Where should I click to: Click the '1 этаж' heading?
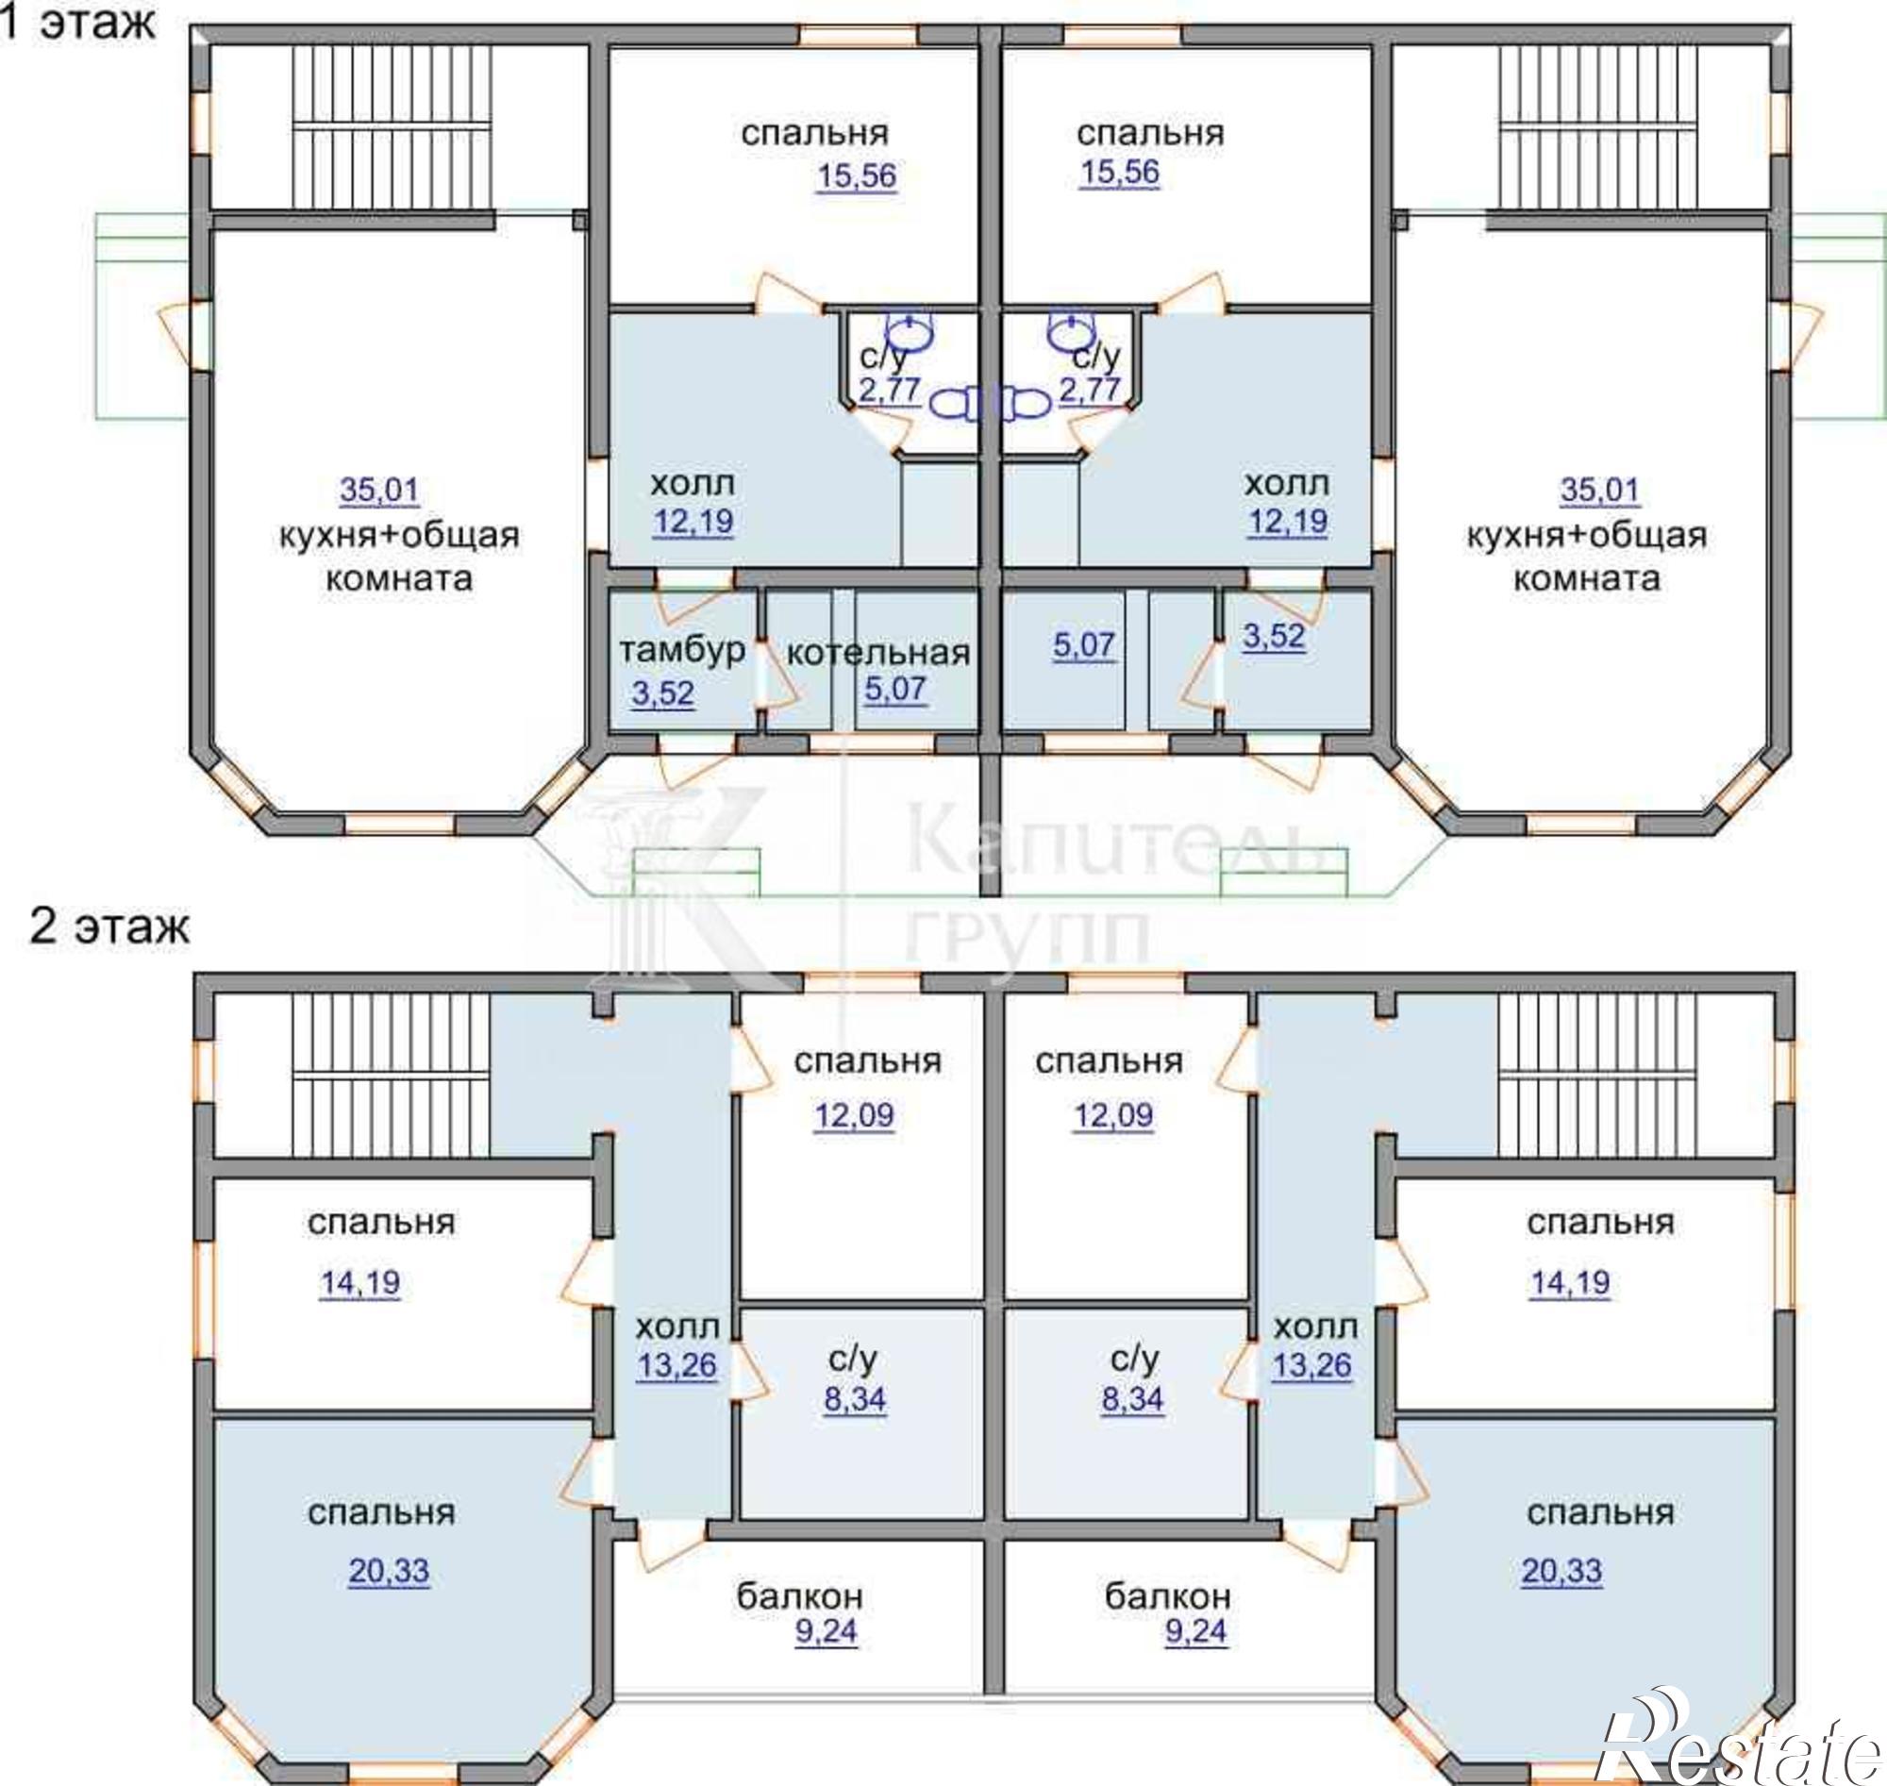pos(78,22)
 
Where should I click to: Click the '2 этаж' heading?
pos(109,926)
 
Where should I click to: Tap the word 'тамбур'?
pos(682,650)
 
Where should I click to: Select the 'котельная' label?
pos(877,653)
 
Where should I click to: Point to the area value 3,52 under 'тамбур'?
pos(662,693)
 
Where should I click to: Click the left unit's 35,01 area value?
pos(379,491)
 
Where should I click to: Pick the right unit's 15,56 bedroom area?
pos(1119,173)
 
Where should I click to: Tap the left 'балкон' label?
pos(800,1594)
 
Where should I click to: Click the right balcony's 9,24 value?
pos(1195,1632)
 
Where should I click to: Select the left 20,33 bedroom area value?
pos(389,1571)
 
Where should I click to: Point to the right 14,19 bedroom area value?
pos(1570,1282)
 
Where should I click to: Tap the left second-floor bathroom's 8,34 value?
pos(855,1399)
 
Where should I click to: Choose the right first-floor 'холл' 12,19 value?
pos(1288,521)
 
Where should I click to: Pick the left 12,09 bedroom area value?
pos(853,1115)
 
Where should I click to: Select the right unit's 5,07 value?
pos(1083,644)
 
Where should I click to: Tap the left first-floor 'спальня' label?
pos(814,133)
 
